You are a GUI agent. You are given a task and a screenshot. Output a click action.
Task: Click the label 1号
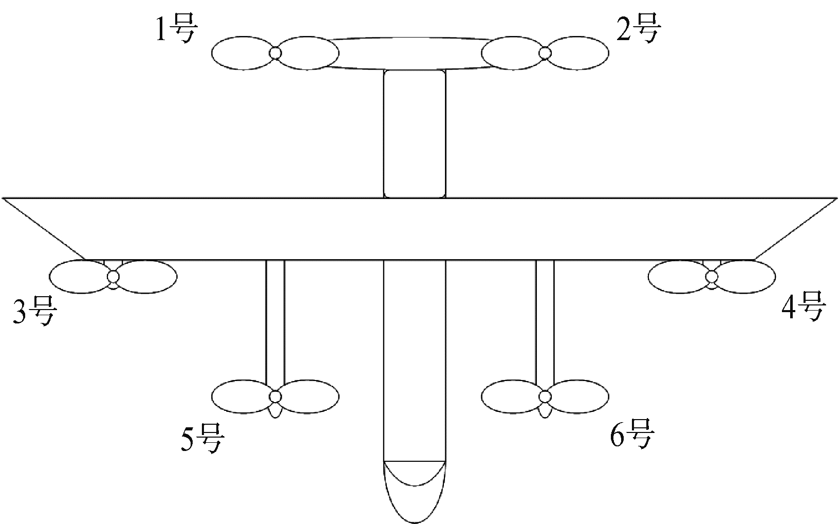[176, 29]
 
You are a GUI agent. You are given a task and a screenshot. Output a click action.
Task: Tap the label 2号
[639, 28]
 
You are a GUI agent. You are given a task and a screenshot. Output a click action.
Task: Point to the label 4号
[804, 306]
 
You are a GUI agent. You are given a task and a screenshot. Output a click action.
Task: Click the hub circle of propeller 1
[275, 53]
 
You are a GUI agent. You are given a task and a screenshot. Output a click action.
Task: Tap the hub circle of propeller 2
[545, 53]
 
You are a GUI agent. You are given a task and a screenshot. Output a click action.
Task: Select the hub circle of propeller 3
[113, 277]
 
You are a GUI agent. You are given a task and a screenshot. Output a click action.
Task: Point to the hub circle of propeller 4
[712, 277]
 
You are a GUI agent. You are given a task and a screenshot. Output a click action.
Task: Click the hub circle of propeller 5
[275, 396]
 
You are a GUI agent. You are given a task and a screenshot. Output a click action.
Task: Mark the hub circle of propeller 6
[545, 396]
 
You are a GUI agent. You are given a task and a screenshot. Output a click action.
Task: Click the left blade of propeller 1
[242, 53]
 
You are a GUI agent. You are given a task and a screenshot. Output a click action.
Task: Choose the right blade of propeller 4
[745, 277]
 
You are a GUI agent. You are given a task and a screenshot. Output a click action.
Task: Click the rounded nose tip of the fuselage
[415, 522]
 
